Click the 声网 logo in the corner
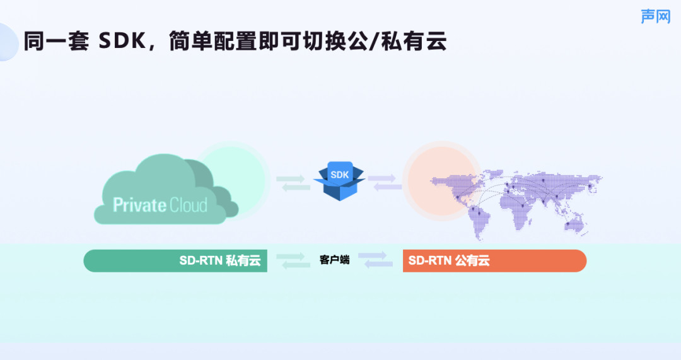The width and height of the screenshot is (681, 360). (655, 16)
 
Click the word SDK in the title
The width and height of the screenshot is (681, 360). (122, 41)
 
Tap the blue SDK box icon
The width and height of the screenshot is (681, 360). (339, 181)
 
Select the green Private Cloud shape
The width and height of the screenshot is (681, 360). (166, 189)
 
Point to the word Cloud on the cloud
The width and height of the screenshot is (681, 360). (188, 204)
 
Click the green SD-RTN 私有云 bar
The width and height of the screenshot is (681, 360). (175, 260)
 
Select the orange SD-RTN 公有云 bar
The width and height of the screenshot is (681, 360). (495, 260)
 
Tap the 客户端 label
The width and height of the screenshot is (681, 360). (334, 260)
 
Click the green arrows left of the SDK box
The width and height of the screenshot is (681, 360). (293, 183)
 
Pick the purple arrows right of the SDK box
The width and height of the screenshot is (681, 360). (385, 182)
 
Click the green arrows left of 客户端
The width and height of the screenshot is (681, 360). (293, 260)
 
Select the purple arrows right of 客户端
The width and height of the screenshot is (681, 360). (376, 260)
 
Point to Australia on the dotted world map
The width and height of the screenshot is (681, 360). (575, 225)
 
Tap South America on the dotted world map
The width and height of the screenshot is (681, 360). (478, 222)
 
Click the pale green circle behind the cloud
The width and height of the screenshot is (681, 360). (232, 180)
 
